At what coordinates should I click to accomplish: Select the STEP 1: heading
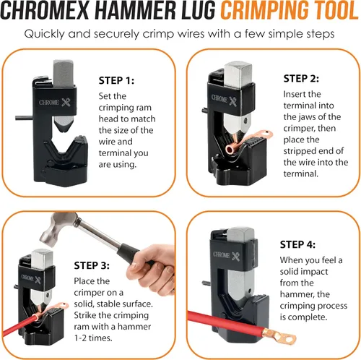click(116, 80)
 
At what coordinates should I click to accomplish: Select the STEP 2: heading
click(301, 79)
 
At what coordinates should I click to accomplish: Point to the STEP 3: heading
click(92, 265)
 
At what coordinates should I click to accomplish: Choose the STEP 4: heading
click(297, 244)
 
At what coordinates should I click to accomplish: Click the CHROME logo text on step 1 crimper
click(49, 102)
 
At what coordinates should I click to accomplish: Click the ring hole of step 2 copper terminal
click(266, 132)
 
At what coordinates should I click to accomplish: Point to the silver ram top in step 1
click(64, 73)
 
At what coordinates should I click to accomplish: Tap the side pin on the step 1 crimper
click(24, 118)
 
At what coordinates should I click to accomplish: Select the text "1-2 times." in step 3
click(93, 338)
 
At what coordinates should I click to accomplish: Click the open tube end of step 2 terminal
click(230, 150)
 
